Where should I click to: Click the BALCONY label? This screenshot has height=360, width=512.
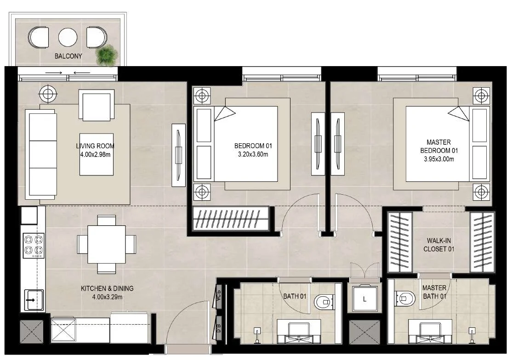click(68, 56)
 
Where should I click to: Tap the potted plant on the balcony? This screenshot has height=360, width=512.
click(107, 54)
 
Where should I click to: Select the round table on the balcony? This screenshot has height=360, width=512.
click(68, 37)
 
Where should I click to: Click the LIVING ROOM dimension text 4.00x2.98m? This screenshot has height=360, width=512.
click(95, 155)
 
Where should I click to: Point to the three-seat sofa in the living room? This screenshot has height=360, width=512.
click(41, 154)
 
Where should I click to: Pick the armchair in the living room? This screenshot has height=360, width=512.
click(97, 105)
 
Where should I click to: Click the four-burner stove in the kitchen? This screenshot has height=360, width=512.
click(34, 245)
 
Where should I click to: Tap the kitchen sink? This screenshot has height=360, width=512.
click(34, 300)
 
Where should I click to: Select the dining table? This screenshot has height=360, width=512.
click(107, 244)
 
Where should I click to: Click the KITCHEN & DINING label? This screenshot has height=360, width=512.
click(107, 288)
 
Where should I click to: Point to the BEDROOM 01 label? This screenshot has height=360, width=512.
click(253, 146)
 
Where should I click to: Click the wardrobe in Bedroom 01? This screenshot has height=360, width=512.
click(231, 219)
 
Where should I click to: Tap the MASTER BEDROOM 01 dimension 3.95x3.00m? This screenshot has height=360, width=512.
click(439, 159)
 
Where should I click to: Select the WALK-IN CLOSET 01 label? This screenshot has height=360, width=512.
click(439, 245)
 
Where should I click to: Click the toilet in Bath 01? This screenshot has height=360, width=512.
click(324, 302)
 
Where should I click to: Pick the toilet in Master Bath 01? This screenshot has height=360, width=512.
click(404, 298)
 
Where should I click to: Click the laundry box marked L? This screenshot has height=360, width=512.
click(364, 299)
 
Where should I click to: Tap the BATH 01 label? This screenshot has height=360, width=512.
click(295, 297)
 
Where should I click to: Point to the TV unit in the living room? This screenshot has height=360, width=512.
click(179, 155)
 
